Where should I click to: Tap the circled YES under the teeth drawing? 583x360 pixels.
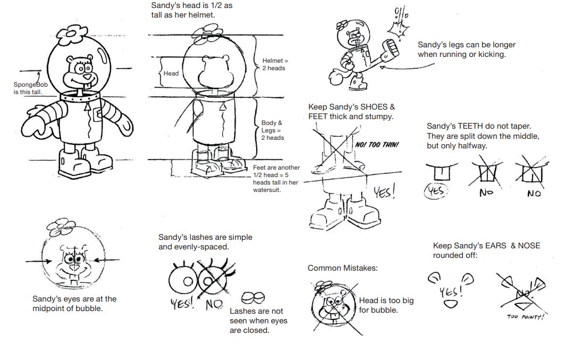tap(435, 191)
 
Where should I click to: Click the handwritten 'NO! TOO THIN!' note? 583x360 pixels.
tap(376, 145)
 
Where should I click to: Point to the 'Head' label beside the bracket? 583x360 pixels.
tap(171, 73)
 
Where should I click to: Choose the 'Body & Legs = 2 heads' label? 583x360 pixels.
tap(273, 130)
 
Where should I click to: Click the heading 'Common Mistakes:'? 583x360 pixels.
tap(342, 268)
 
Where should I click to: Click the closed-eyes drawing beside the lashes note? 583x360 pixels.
tap(252, 297)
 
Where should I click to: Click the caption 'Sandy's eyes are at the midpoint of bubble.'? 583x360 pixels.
tap(74, 303)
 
